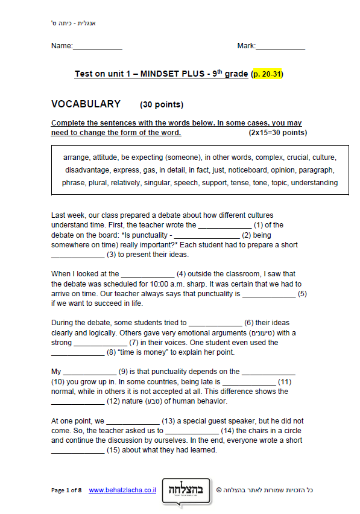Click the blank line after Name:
coord(98,47)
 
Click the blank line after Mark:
coord(280,47)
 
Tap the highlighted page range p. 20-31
coord(267,74)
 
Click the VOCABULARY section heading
coord(86,104)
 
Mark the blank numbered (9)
coord(89,373)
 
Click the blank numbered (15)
coord(192,432)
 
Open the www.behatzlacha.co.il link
coord(122,490)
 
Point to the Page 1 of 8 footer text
coord(66,490)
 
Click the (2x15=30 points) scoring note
coord(277,133)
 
